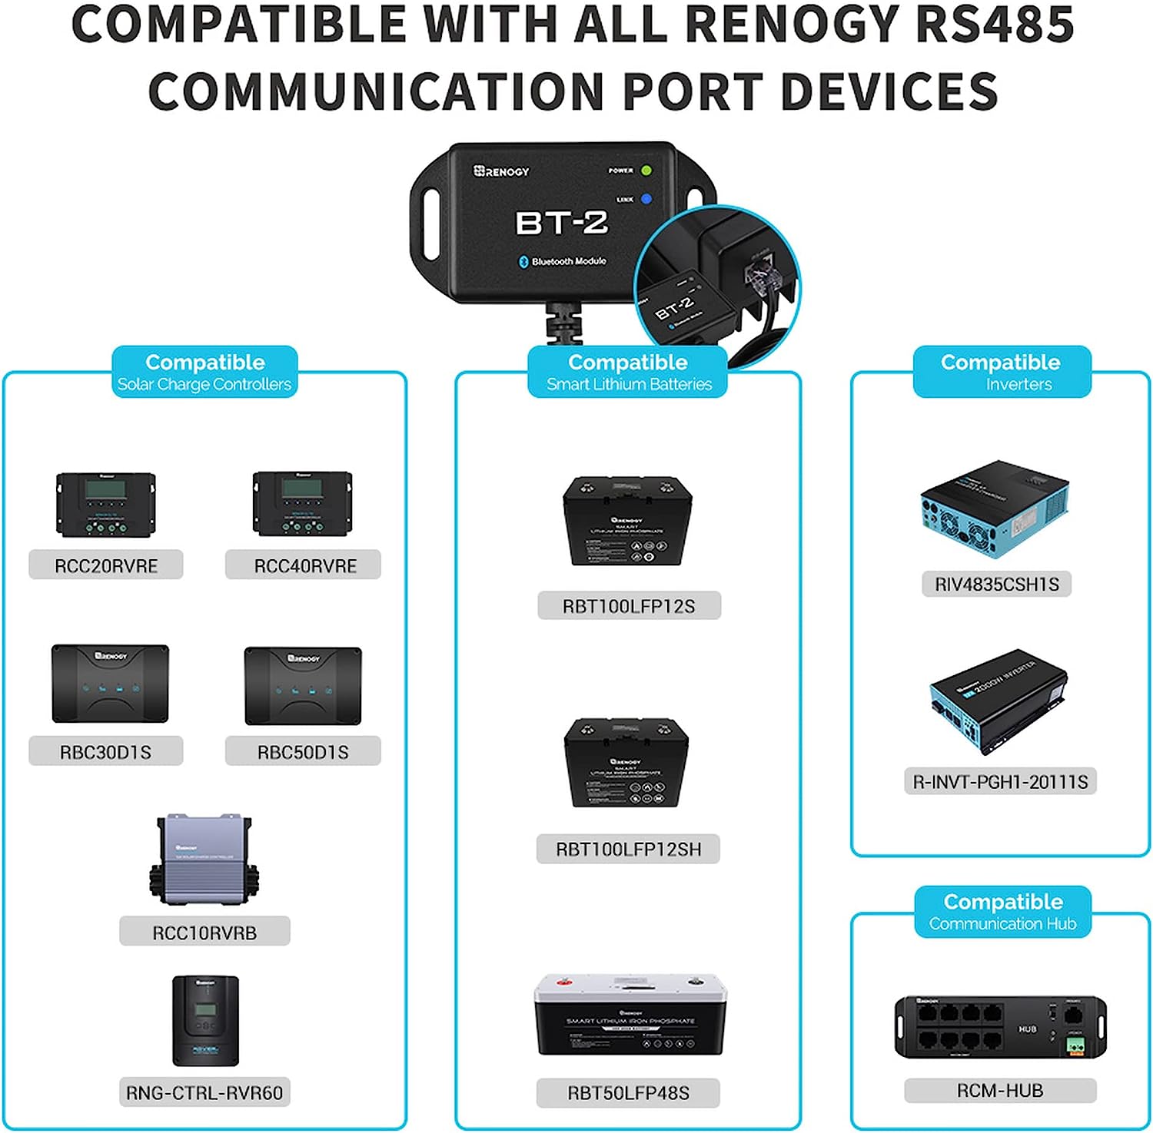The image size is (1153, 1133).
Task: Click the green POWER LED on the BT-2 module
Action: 646,171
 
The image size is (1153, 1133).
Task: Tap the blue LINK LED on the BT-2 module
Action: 646,199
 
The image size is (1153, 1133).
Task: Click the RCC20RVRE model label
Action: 106,565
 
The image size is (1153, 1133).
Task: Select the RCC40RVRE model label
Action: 304,565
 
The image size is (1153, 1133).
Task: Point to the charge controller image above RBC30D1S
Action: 110,684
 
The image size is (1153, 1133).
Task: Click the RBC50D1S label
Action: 303,752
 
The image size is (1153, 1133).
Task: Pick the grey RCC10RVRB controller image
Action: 204,860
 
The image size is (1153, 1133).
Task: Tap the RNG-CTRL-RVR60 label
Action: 204,1092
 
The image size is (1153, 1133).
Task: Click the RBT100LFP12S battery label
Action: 629,606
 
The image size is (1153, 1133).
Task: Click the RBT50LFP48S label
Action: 628,1092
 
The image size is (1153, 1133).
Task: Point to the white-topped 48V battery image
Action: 630,1014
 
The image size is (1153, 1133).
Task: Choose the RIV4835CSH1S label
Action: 996,585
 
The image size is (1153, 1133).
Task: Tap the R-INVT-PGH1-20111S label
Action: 1000,782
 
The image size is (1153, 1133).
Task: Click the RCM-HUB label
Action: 999,1091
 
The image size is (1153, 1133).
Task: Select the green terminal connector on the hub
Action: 1075,1044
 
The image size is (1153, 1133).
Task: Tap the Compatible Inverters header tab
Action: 1002,372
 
